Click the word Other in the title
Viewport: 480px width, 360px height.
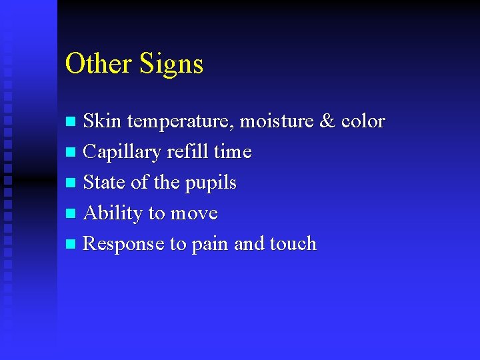pos(99,64)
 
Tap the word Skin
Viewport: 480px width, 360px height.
pos(102,121)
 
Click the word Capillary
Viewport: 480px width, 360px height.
pos(122,153)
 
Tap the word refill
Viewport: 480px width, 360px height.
pos(187,152)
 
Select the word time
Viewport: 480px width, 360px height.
pos(233,152)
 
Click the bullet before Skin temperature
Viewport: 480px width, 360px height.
pos(72,122)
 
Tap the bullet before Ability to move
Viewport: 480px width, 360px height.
pos(72,214)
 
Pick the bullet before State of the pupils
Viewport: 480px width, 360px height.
pos(72,183)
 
